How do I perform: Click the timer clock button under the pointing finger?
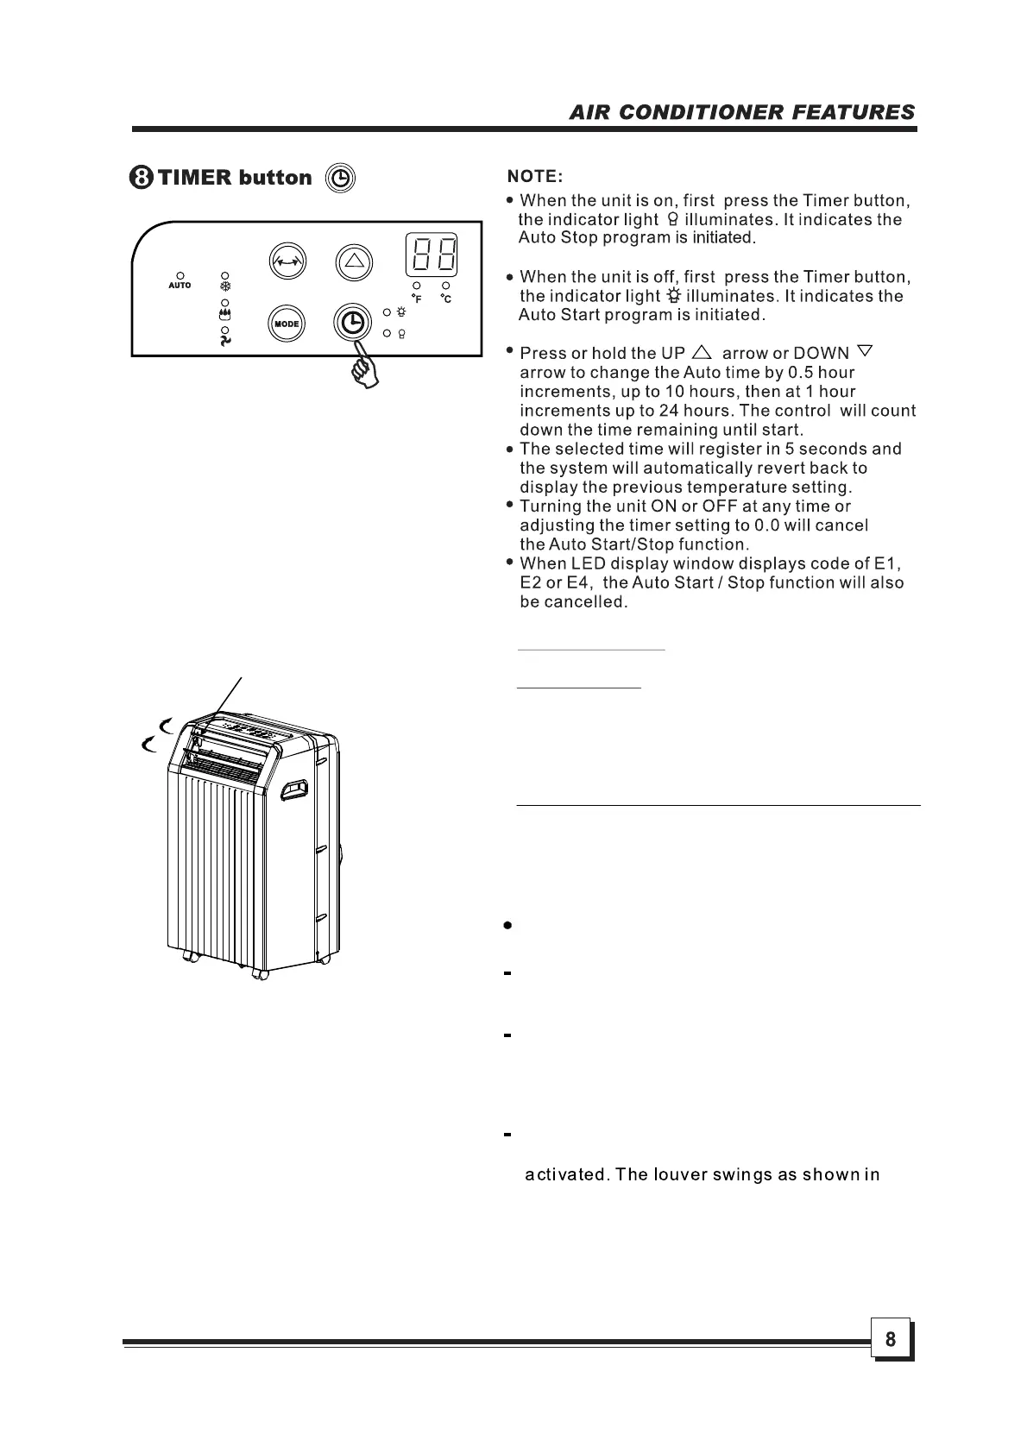click(x=352, y=323)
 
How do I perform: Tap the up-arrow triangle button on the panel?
click(x=352, y=260)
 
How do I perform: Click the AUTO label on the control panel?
click(x=180, y=285)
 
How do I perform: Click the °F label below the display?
click(x=417, y=299)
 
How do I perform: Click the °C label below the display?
click(x=445, y=299)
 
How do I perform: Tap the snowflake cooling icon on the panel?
click(x=225, y=286)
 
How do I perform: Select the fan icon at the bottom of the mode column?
click(x=225, y=341)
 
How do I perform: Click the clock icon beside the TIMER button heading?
click(x=341, y=178)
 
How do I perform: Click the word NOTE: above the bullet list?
click(x=535, y=177)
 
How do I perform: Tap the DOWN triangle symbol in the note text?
click(x=866, y=352)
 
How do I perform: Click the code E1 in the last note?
click(x=887, y=563)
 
